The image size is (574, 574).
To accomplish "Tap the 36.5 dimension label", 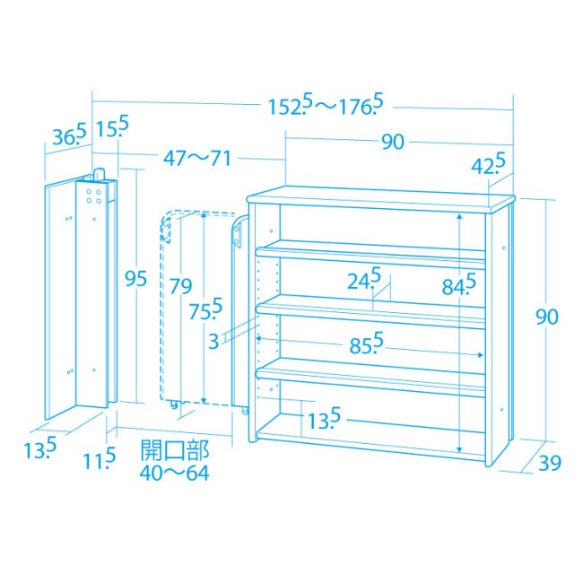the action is (x=70, y=135).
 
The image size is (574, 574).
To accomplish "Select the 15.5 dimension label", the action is (x=112, y=126).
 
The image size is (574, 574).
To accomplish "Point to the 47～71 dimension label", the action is (x=197, y=159).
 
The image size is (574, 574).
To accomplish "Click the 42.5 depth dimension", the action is (x=488, y=163).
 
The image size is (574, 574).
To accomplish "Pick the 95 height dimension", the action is (x=135, y=279).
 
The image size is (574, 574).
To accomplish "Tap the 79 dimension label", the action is (x=180, y=286).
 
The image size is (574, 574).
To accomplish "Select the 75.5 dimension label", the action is (x=205, y=309).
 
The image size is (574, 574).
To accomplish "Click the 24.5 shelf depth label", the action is (x=364, y=279).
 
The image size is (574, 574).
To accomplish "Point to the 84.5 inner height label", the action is (x=458, y=284).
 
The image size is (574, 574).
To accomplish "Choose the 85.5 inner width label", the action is (x=366, y=343).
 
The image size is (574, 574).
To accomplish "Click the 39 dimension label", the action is (x=550, y=463).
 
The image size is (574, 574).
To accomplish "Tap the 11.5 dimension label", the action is (x=100, y=458).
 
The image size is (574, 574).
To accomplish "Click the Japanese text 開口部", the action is (x=175, y=450).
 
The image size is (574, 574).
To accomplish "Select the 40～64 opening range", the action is (x=174, y=473).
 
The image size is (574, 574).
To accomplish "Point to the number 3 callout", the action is (x=213, y=342).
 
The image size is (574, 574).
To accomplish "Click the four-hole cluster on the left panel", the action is (x=93, y=196).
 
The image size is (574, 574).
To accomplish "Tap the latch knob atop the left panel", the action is (x=100, y=174).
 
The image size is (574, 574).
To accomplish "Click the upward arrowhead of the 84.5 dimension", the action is (x=460, y=217).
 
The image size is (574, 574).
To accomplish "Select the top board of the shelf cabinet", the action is (x=380, y=199).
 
